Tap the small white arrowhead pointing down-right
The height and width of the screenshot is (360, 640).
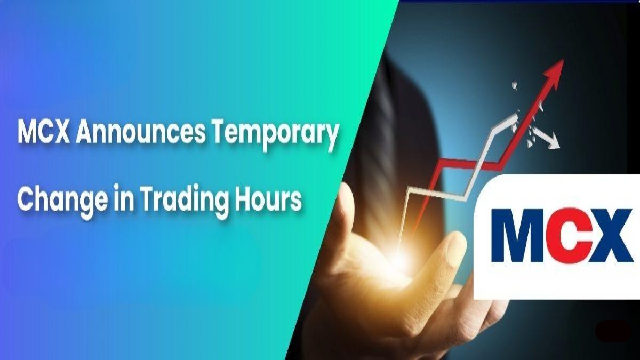tap(553, 143)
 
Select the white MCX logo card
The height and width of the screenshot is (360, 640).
tap(557, 237)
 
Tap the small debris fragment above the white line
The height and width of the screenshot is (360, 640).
tap(515, 85)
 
